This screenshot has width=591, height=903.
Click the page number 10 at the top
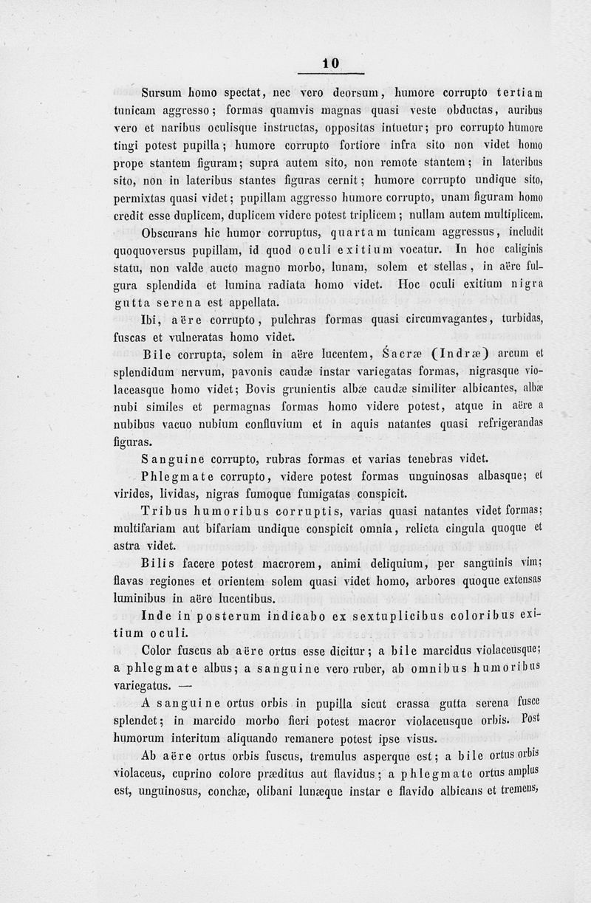330,64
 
